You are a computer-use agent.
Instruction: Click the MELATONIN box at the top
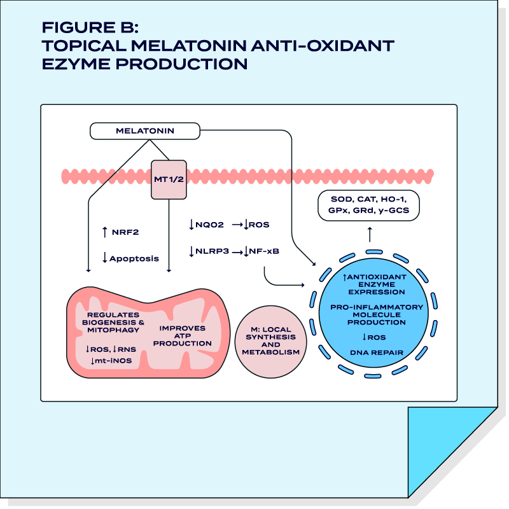click(145, 131)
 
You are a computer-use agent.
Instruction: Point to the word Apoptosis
click(134, 258)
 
